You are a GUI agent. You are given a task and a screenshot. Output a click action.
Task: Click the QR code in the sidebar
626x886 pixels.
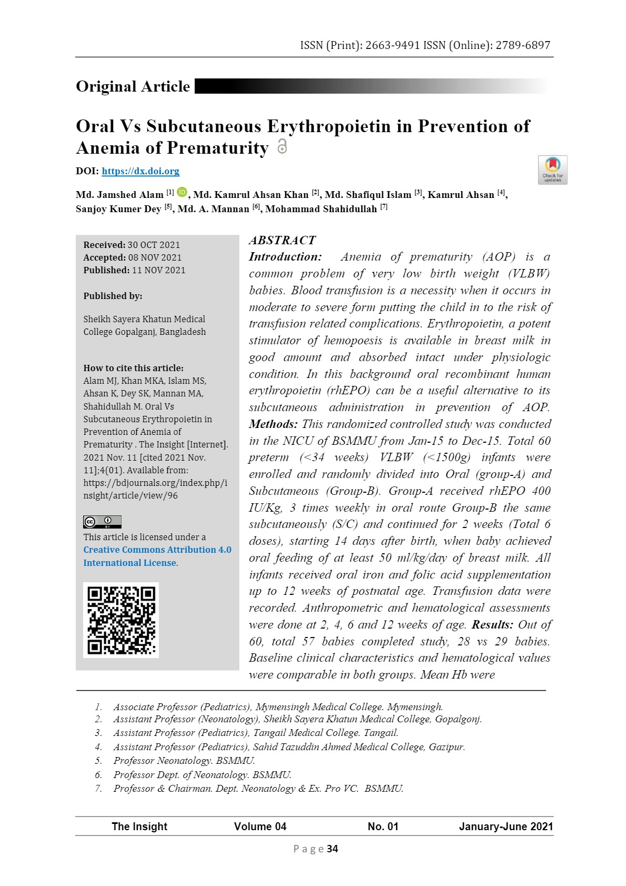click(x=121, y=620)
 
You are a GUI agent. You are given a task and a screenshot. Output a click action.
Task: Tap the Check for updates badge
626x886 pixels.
click(x=552, y=170)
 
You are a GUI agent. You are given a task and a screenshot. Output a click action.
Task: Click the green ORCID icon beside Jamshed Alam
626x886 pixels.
click(x=182, y=193)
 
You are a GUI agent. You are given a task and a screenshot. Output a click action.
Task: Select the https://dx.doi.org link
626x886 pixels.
click(x=140, y=171)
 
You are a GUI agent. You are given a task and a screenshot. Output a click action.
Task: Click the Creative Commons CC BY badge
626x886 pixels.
click(x=102, y=522)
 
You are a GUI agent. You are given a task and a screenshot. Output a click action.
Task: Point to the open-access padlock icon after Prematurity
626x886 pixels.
click(x=282, y=146)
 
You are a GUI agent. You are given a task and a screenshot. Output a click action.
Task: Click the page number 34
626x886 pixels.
click(x=332, y=849)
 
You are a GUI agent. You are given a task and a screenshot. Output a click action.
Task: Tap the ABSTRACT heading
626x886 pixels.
click(x=282, y=241)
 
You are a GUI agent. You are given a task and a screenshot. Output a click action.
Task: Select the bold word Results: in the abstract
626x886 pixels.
click(x=492, y=625)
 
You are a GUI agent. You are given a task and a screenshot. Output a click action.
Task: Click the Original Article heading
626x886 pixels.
click(x=133, y=86)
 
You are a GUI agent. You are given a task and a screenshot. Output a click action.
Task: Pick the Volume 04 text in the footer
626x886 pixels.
click(x=260, y=827)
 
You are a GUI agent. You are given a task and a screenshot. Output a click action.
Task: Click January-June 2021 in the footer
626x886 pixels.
click(x=506, y=827)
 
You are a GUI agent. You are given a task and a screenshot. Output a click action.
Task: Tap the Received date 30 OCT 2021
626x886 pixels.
click(x=154, y=245)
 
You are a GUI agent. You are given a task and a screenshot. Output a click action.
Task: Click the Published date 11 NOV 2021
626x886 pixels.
click(x=158, y=270)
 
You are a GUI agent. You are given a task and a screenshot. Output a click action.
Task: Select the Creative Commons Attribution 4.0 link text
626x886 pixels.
click(x=157, y=550)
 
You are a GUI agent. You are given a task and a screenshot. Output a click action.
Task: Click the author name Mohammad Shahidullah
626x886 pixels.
click(x=321, y=209)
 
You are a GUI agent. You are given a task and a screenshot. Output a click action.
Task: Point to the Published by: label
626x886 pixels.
click(x=113, y=296)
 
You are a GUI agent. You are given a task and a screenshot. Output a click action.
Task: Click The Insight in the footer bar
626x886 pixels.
click(x=139, y=827)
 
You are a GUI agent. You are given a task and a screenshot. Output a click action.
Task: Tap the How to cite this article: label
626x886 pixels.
click(x=134, y=368)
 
